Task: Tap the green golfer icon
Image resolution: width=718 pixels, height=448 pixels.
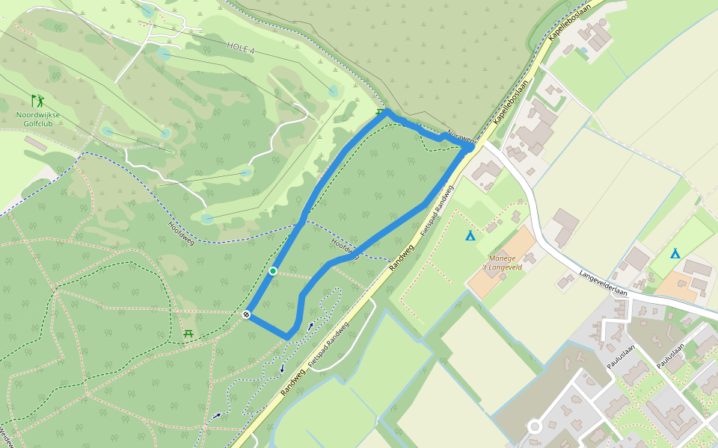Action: [x=37, y=100]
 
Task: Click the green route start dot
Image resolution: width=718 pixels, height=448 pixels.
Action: [x=274, y=270]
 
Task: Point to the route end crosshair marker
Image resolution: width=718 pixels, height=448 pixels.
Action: [x=246, y=315]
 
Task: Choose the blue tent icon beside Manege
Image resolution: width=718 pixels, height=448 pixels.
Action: [x=470, y=236]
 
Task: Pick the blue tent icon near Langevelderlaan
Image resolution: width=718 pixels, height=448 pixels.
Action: [x=675, y=253]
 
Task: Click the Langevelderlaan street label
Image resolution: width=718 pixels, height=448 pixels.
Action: [x=603, y=283]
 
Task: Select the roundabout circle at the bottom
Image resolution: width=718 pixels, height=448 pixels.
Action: [x=534, y=427]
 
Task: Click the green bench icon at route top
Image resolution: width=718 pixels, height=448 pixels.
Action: [x=381, y=113]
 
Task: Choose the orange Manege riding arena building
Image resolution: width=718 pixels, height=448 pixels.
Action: [x=503, y=261]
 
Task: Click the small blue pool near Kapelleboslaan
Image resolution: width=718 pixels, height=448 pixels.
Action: [x=583, y=50]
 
